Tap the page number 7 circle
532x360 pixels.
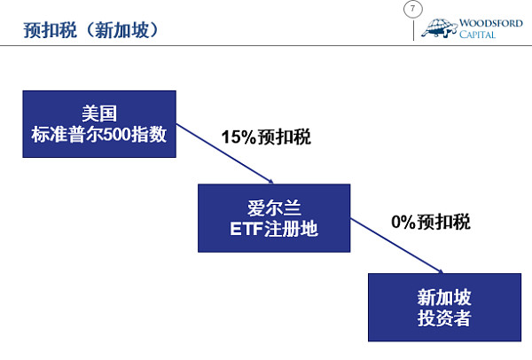click(411, 10)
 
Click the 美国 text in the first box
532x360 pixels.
click(99, 113)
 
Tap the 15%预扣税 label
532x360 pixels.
click(266, 138)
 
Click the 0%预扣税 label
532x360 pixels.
click(431, 222)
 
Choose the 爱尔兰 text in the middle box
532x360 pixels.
click(274, 208)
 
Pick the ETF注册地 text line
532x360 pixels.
click(274, 231)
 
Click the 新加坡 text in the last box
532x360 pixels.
click(444, 297)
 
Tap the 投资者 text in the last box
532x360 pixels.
click(444, 318)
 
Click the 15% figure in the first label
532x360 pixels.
click(239, 138)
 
